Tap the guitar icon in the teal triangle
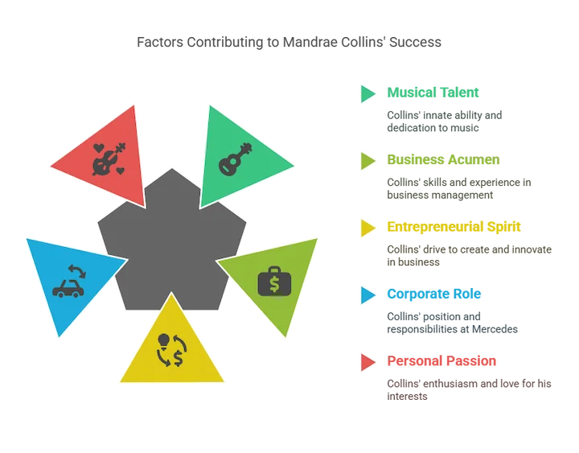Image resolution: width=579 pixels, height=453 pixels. [234, 154]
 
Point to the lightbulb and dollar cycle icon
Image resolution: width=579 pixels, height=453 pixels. [172, 349]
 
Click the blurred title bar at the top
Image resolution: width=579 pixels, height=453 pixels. [289, 43]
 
